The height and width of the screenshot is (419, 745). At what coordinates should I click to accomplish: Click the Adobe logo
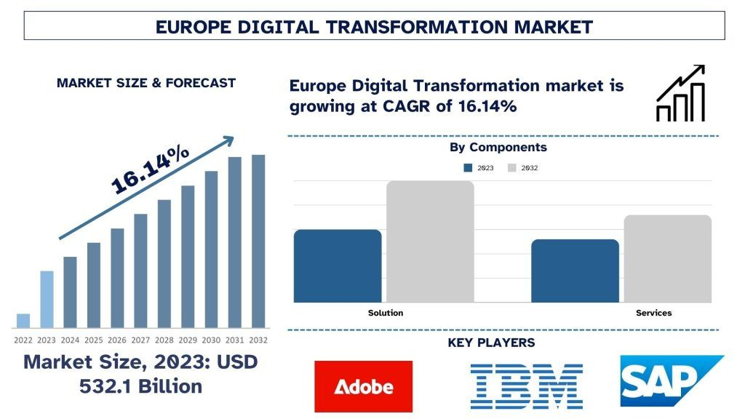[x=363, y=386]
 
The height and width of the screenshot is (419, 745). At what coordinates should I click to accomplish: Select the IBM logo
[x=526, y=386]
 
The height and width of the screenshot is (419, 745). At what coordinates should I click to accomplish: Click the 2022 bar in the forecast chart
[x=23, y=321]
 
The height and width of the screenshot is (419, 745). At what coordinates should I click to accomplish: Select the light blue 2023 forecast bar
[x=47, y=299]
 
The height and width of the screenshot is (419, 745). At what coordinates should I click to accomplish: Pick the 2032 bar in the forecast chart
[x=258, y=241]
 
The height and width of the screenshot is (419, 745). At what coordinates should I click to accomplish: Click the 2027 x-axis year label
[x=140, y=340]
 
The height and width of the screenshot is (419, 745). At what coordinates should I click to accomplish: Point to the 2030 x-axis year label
[x=211, y=340]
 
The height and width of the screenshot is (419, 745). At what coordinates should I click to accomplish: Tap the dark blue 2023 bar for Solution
[x=338, y=266]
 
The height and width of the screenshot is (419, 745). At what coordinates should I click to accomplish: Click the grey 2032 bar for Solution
[x=430, y=242]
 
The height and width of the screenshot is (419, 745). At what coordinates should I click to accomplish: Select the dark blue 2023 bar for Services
[x=575, y=271]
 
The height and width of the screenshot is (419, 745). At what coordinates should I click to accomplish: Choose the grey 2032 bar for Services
[x=667, y=258]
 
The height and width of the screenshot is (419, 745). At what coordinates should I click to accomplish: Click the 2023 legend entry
[x=478, y=168]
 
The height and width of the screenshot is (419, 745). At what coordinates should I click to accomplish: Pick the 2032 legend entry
[x=522, y=168]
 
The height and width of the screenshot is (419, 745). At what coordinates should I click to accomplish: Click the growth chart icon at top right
[x=680, y=92]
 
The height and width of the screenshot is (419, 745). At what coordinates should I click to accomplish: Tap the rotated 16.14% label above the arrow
[x=150, y=169]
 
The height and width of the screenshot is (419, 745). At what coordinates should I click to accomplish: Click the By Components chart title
[x=498, y=147]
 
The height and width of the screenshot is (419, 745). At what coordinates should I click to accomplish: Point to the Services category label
[x=653, y=313]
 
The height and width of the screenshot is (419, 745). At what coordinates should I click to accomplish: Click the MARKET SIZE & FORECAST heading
[x=146, y=83]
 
